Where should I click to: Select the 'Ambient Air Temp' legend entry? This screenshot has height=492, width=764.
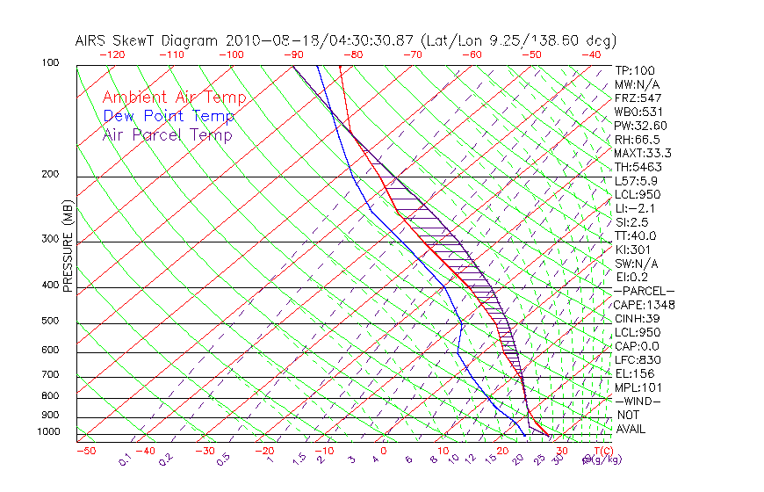point(174,98)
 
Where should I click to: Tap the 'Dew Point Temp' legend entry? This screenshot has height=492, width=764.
point(169,116)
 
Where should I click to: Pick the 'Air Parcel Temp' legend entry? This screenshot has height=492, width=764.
point(167,134)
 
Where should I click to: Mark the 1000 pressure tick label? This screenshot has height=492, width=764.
point(49,432)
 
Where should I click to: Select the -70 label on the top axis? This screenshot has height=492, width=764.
point(411,54)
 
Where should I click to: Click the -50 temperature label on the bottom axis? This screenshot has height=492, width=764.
point(86,451)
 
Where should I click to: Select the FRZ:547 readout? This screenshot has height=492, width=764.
point(638,98)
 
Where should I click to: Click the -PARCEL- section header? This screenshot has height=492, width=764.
point(644,291)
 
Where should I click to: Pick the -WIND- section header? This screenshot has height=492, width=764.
point(638,401)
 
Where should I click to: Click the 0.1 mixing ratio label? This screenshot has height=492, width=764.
point(125,459)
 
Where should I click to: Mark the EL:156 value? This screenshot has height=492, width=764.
point(633,373)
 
